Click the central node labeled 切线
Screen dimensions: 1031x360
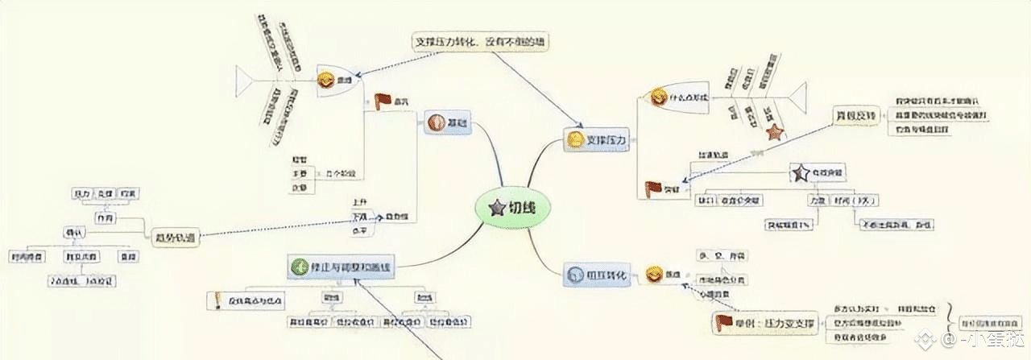point(515,207)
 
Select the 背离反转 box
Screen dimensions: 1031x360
point(855,117)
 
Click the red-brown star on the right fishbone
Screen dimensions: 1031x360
point(774,131)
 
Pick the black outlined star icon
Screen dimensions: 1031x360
point(800,172)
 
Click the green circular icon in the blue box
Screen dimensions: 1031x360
point(298,266)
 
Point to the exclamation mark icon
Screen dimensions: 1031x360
point(217,300)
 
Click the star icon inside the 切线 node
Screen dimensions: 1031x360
point(494,207)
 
